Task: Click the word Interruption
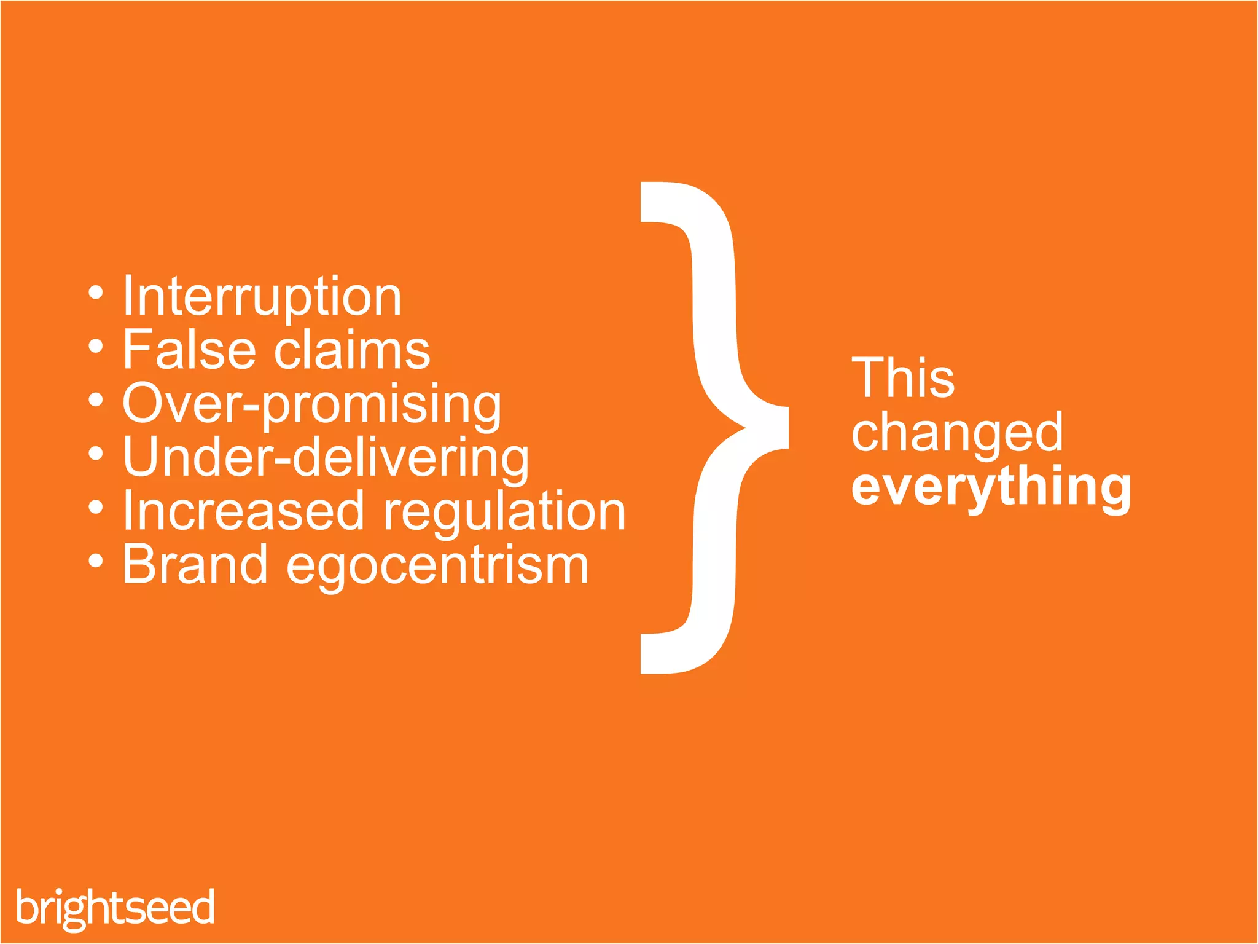tap(262, 297)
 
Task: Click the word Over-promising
tap(312, 404)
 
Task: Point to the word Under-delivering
tap(326, 458)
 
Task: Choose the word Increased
tap(243, 511)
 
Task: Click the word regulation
tap(504, 512)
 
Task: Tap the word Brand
tap(195, 564)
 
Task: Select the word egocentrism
tap(437, 566)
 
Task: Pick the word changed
tap(957, 433)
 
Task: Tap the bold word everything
tap(991, 487)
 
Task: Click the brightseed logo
tap(115, 908)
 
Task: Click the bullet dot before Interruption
tap(95, 293)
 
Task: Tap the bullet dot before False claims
tap(95, 347)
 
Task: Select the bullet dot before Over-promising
tap(95, 400)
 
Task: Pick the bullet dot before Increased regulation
tap(95, 508)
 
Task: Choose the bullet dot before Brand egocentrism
tap(95, 561)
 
